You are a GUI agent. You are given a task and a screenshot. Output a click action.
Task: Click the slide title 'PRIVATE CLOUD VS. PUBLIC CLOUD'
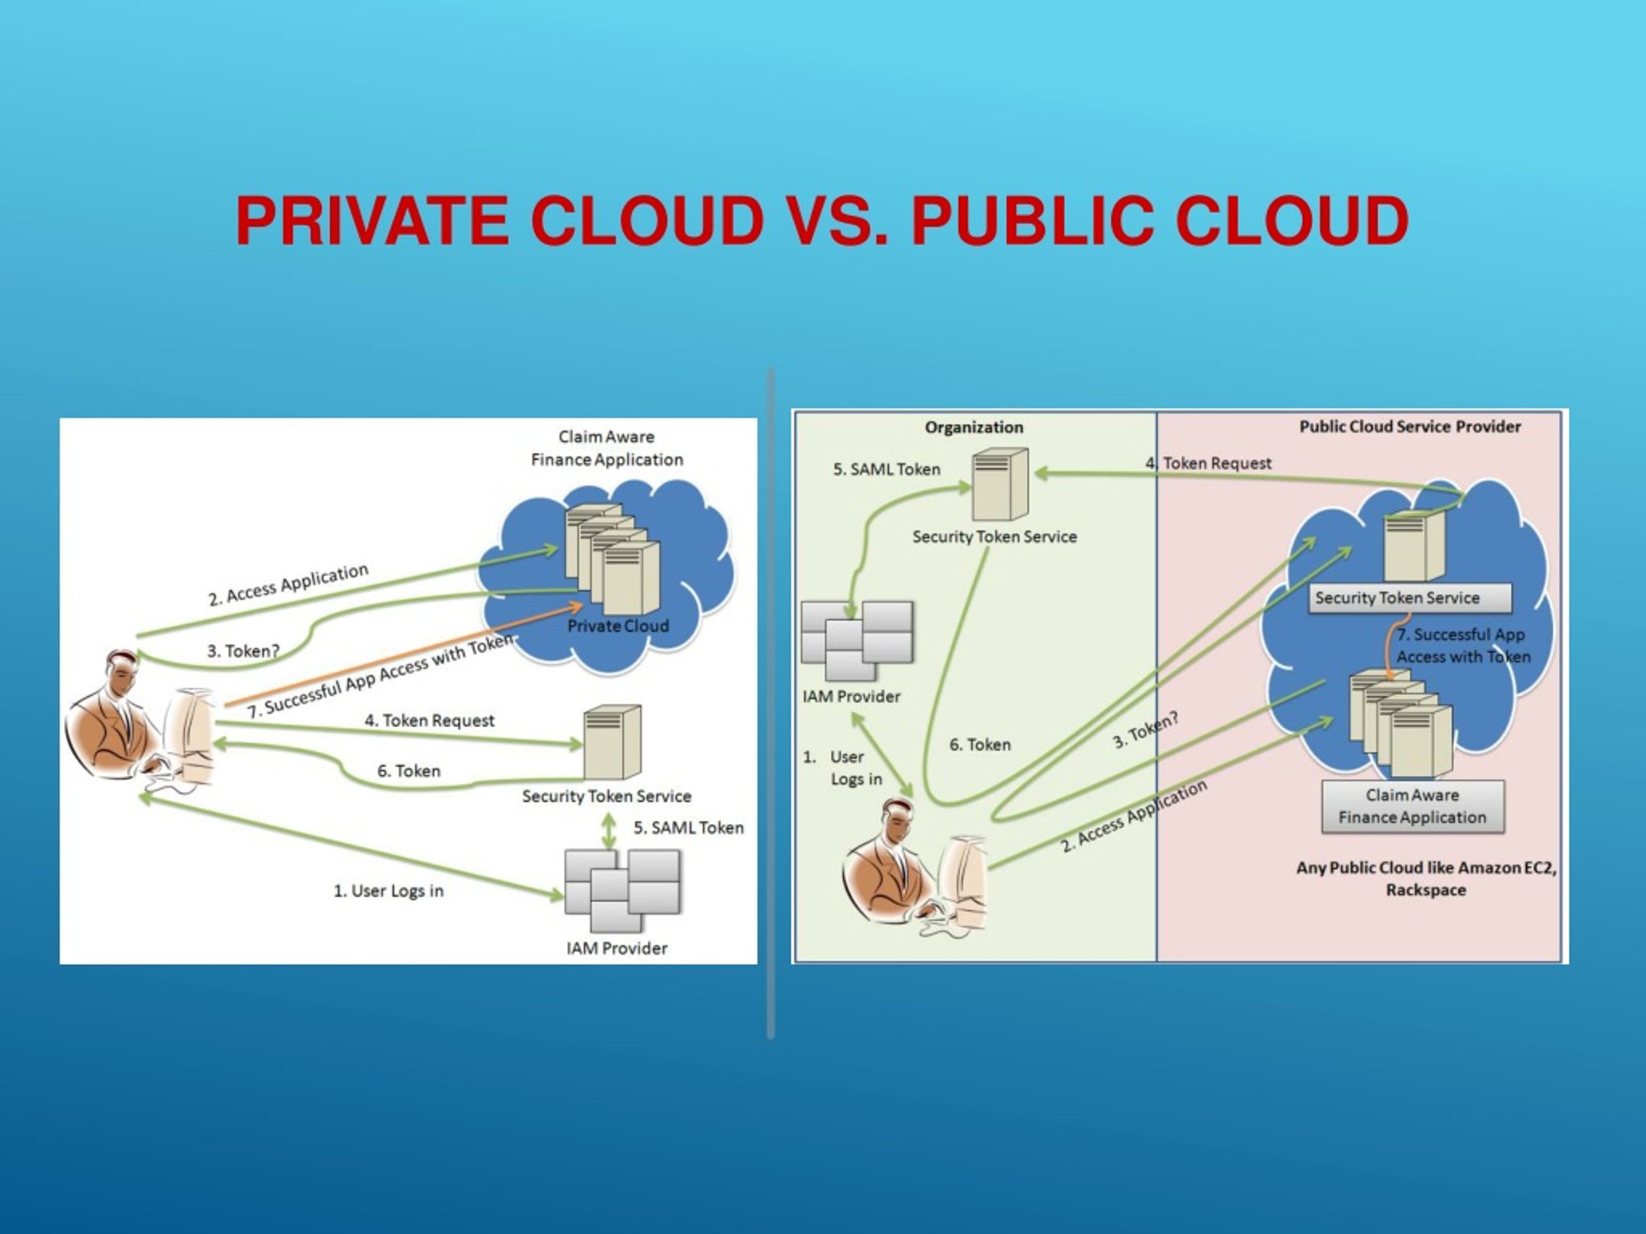822,220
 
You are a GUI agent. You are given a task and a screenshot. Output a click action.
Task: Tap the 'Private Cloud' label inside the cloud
618,626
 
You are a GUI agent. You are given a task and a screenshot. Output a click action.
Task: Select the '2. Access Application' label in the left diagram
288,585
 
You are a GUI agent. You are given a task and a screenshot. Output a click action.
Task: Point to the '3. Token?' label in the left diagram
243,651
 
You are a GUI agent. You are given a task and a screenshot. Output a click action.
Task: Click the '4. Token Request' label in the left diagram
430,720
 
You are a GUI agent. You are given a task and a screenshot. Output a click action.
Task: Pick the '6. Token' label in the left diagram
408,771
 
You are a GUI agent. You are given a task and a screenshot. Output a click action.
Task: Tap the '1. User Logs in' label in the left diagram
388,890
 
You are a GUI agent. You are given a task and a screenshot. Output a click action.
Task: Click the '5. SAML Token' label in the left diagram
689,828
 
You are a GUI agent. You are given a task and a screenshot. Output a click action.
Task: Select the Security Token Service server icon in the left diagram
611,742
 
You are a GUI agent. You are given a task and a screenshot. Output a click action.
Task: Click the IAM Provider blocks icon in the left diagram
622,890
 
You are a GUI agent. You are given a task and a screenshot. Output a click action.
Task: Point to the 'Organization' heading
974,427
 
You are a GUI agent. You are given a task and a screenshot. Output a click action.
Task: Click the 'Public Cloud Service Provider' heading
1410,427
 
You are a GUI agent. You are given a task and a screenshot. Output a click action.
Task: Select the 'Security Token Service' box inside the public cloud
1410,598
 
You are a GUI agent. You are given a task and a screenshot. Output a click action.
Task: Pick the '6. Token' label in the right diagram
980,744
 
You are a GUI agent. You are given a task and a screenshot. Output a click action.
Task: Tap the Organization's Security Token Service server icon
1000,483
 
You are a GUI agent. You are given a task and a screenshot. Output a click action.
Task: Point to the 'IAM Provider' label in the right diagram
851,697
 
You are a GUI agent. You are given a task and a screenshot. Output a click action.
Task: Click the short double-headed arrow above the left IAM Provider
610,830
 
